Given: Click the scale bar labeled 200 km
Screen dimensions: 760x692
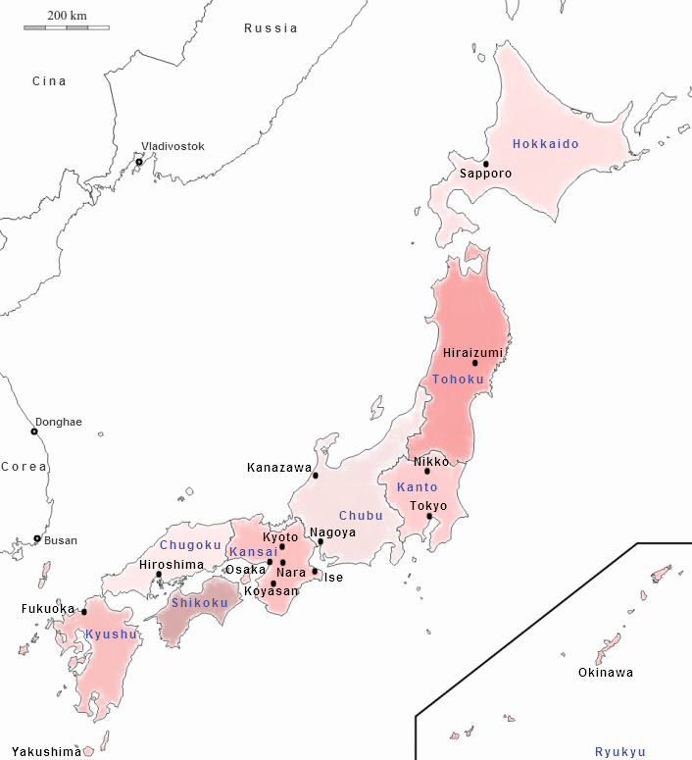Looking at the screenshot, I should (67, 26).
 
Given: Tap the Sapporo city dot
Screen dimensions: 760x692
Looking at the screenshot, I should (485, 164).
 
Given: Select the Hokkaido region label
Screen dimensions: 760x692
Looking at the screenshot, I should (546, 144).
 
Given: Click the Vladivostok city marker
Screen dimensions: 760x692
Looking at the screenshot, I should (139, 162).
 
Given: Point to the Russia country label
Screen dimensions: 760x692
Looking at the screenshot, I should (271, 28).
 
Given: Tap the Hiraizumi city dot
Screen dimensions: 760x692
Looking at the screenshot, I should (475, 363).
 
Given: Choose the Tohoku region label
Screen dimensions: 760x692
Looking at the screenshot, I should (459, 380).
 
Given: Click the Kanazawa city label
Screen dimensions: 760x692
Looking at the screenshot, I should (279, 469).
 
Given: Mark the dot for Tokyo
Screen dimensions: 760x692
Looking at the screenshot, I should (429, 516).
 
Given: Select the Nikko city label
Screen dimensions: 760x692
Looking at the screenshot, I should (431, 461).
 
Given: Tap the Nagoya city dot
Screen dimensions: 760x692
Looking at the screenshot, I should (321, 541).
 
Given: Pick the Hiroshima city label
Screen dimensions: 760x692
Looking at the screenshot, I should (172, 565).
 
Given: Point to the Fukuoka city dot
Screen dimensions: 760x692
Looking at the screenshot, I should (84, 612).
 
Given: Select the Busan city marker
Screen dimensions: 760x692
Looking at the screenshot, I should (37, 538).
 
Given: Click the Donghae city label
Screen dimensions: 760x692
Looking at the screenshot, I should (59, 422).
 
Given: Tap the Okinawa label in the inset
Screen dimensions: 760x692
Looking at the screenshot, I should (605, 673).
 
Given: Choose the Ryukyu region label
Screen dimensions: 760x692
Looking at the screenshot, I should (620, 752).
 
